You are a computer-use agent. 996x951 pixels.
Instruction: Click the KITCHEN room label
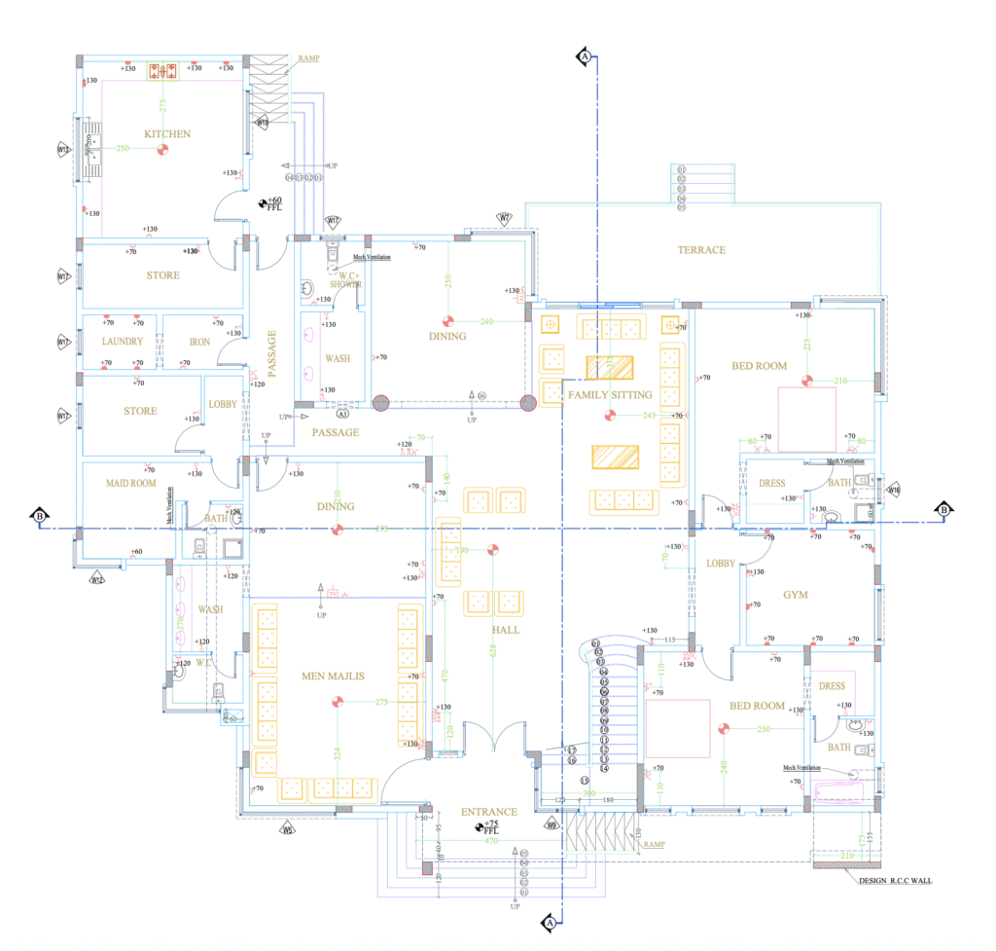(x=166, y=134)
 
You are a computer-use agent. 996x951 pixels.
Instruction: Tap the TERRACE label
(x=701, y=250)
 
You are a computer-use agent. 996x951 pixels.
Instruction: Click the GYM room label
(x=796, y=595)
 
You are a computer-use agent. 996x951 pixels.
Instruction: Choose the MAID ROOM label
(x=130, y=483)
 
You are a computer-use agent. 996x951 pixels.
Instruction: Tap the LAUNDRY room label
(x=123, y=342)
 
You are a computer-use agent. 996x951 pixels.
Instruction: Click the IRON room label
(x=198, y=342)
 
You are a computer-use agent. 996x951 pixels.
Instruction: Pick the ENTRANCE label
(x=488, y=811)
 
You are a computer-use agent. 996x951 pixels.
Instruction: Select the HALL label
(x=505, y=631)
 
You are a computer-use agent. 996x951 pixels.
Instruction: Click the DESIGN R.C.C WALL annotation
(x=896, y=881)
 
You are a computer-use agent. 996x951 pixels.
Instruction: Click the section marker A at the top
(x=585, y=56)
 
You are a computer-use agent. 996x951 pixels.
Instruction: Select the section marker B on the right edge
(x=943, y=510)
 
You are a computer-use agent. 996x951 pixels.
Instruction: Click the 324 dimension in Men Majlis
(x=338, y=753)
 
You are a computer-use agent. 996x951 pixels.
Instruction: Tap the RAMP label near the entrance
(x=654, y=845)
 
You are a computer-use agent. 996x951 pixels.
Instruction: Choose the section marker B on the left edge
(x=40, y=514)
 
